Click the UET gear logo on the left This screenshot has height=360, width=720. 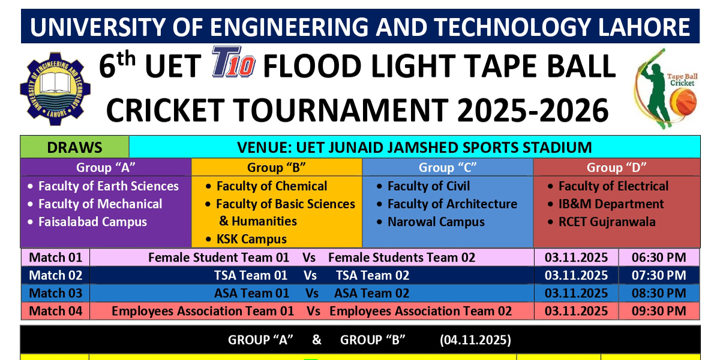52,88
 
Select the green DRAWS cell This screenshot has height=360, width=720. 75,147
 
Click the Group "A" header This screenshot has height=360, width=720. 106,167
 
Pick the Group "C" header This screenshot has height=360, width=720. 448,167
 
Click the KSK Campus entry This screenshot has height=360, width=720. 251,239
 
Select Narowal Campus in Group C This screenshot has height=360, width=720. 436,221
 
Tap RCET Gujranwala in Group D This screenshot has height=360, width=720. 607,221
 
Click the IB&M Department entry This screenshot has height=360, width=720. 611,204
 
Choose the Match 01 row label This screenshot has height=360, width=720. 55,257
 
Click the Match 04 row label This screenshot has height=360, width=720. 55,311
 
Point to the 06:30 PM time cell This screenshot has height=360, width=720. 659,257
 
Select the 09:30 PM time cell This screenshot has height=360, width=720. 659,311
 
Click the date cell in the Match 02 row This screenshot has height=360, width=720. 576,275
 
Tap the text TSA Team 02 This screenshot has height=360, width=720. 372,275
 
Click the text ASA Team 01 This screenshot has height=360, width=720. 251,293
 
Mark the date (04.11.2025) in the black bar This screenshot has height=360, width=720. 475,340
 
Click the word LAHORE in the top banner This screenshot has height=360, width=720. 645,27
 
